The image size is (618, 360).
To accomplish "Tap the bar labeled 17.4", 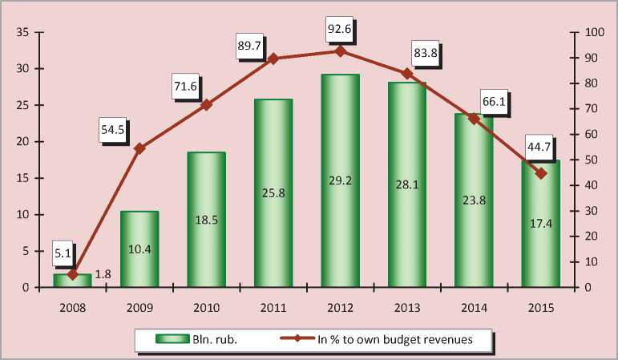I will [x=540, y=224].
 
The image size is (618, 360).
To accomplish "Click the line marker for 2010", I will [x=206, y=105].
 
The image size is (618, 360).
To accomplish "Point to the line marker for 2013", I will [x=406, y=74].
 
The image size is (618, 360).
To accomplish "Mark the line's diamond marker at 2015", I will [x=540, y=173].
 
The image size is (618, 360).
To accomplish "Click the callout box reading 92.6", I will [x=340, y=30].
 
